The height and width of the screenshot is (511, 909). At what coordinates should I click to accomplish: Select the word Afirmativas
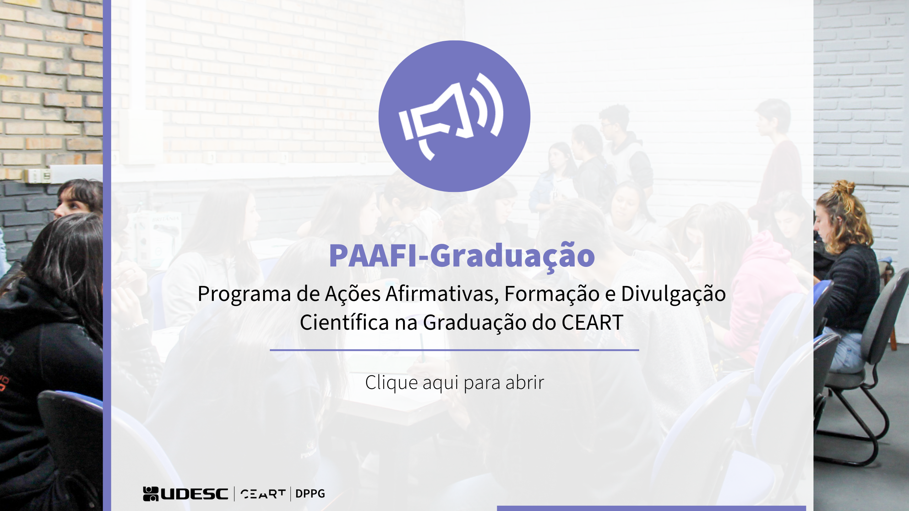442,294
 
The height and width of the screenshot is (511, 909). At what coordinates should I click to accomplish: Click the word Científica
344,322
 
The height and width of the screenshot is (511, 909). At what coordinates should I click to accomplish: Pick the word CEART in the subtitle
592,323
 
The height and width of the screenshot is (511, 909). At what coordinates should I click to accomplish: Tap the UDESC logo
185,494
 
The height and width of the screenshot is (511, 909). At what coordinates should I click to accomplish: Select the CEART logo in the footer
263,494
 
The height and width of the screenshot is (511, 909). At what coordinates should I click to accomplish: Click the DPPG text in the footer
310,494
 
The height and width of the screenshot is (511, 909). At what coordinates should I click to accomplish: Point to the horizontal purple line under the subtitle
454,350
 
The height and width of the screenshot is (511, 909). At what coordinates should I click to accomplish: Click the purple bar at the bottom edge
651,509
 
